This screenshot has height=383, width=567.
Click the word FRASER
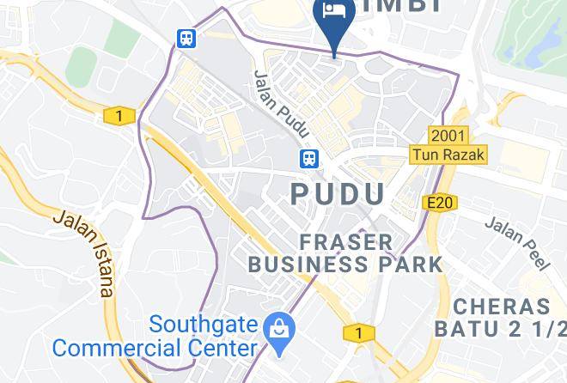(346, 241)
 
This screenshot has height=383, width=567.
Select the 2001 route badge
(448, 136)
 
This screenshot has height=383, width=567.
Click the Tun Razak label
(448, 155)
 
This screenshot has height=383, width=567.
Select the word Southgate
(204, 325)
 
